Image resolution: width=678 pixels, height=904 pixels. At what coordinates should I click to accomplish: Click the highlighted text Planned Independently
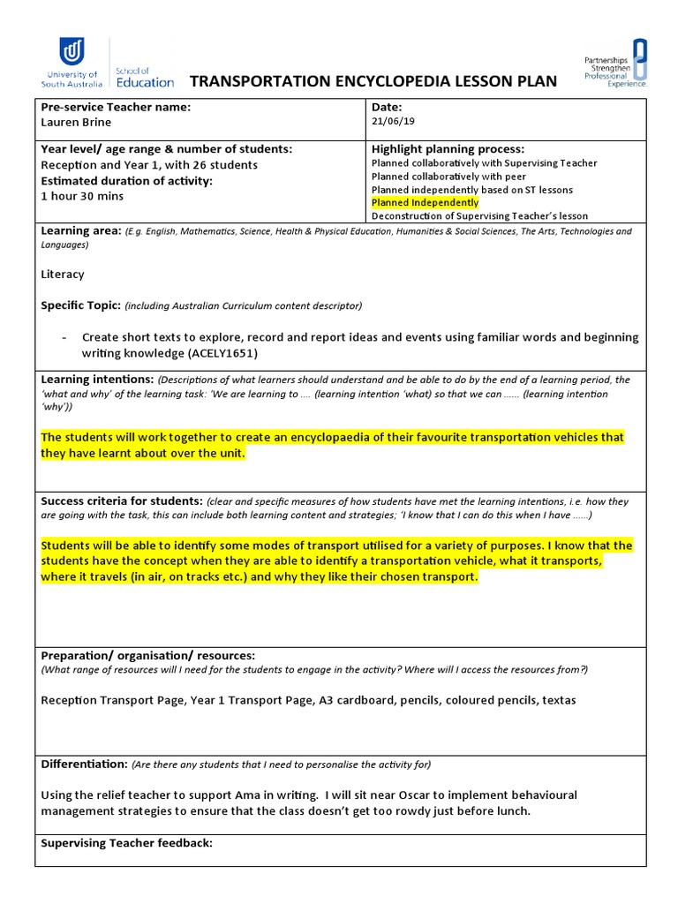(425, 203)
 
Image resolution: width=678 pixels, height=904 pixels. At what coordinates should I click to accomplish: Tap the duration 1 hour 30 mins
(82, 196)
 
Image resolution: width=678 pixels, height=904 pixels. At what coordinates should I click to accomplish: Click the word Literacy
(63, 275)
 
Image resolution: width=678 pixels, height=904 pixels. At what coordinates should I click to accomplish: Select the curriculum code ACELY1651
(219, 352)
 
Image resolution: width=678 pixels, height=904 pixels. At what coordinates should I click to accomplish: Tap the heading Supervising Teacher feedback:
(126, 843)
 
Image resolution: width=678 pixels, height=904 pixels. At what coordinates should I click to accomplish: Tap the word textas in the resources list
(558, 700)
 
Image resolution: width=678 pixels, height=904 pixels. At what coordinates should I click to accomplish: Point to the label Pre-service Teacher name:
(116, 107)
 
